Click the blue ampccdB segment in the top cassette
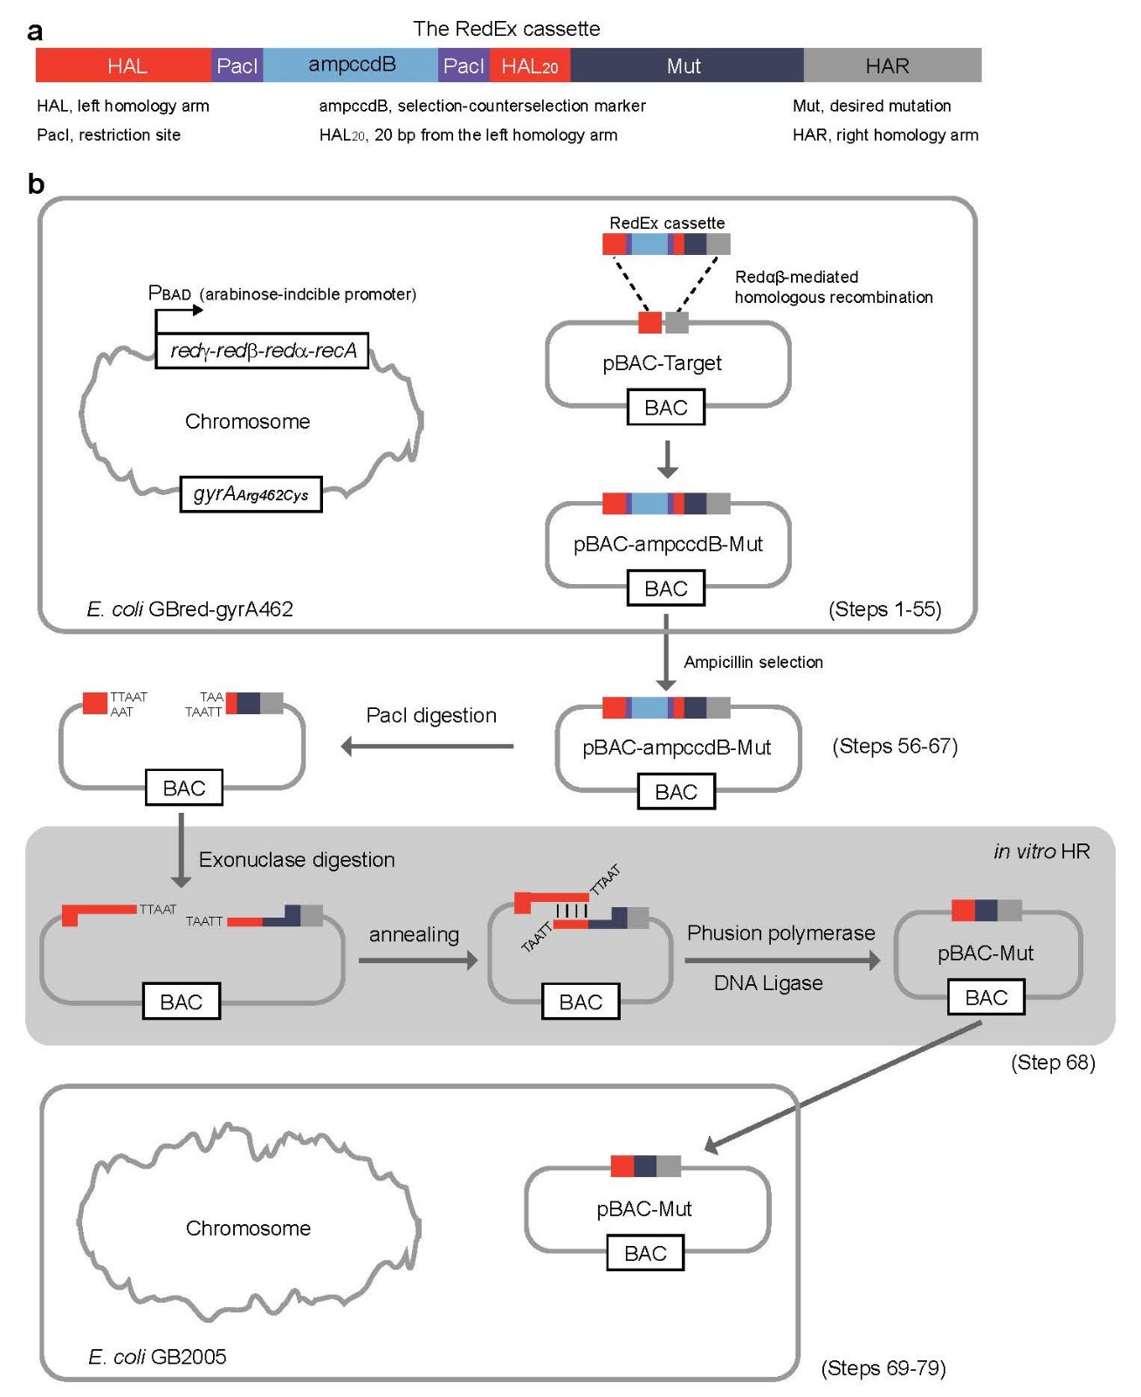click(x=351, y=65)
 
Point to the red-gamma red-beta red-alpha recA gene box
click(x=262, y=351)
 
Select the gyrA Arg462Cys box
click(x=251, y=494)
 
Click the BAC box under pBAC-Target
click(x=665, y=408)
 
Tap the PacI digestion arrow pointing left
click(x=428, y=747)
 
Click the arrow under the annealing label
click(x=417, y=960)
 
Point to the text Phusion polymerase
click(x=780, y=933)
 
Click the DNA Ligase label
click(x=768, y=983)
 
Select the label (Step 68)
click(x=1052, y=1063)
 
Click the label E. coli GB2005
click(x=157, y=1356)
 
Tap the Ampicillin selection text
click(x=753, y=662)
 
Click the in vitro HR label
click(x=1041, y=851)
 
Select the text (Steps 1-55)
click(x=884, y=609)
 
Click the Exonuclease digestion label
click(x=297, y=860)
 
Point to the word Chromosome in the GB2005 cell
click(x=248, y=1228)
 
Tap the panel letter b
click(x=36, y=184)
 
